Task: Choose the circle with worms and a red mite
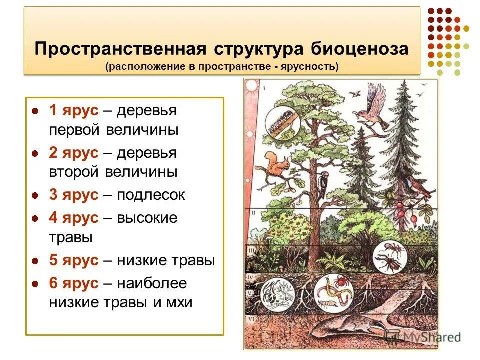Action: [x=332, y=292]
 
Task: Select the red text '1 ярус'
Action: [x=73, y=110]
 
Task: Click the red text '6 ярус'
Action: [x=73, y=283]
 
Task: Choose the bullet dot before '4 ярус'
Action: [x=35, y=218]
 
